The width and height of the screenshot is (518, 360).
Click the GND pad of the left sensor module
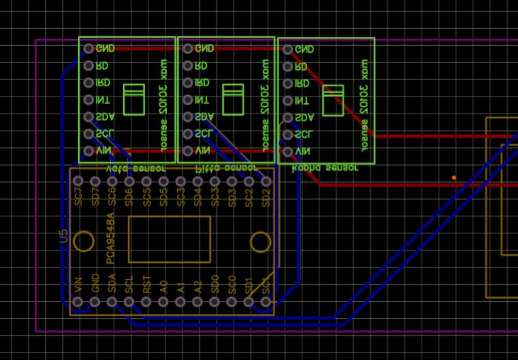tap(88, 49)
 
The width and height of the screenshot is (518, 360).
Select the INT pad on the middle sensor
tap(187, 100)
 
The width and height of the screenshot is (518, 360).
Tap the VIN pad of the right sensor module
tap(288, 152)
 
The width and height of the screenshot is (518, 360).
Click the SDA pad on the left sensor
tap(88, 117)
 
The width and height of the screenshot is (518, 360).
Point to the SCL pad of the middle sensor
tap(187, 134)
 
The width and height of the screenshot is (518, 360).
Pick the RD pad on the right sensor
tap(288, 66)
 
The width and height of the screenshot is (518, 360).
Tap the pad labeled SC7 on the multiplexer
tap(78, 181)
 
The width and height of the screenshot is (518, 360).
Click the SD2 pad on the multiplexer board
tap(266, 181)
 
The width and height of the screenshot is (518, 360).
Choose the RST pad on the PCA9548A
tap(146, 302)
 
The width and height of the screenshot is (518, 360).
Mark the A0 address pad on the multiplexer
tap(164, 302)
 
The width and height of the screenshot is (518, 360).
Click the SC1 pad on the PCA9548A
tap(266, 302)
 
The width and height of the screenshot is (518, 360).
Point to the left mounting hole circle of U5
tap(83, 242)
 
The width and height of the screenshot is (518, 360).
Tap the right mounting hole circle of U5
tap(261, 242)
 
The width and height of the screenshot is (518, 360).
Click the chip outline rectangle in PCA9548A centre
tap(169, 239)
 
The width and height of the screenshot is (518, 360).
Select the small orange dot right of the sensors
tap(454, 178)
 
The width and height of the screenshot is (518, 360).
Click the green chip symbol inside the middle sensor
tap(233, 99)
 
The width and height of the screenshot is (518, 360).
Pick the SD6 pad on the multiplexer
tap(129, 181)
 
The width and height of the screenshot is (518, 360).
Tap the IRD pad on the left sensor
tap(88, 83)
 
